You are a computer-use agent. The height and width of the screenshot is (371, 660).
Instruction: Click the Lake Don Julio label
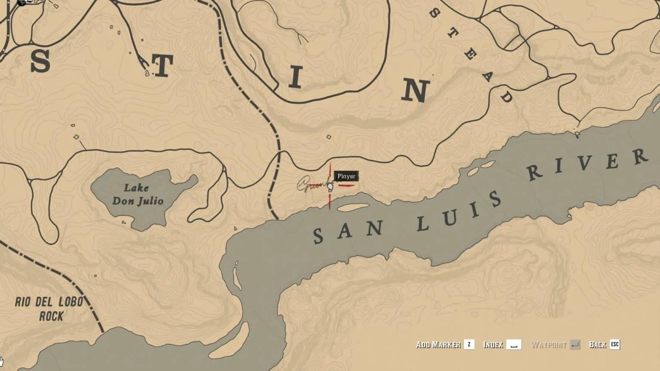(137, 194)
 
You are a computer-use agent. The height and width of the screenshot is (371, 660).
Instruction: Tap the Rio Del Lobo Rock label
(49, 309)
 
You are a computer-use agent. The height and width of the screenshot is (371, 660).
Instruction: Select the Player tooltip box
(346, 176)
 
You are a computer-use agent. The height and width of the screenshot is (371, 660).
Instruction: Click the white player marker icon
(330, 187)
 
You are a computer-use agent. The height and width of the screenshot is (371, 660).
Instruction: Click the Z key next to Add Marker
(469, 344)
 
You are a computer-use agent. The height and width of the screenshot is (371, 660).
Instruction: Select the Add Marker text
(438, 344)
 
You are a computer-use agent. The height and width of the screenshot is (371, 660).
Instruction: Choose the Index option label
(493, 344)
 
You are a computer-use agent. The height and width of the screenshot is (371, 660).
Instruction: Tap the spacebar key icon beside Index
(513, 344)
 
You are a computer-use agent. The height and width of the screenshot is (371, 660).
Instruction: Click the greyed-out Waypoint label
(549, 344)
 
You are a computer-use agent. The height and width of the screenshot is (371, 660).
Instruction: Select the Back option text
(597, 344)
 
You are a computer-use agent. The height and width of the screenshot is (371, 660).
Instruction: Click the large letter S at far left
(40, 61)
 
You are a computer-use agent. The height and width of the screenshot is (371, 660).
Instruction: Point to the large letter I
(295, 77)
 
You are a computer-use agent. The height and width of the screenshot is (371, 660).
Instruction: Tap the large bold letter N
(415, 91)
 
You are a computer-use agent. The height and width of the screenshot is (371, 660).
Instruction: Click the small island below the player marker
(352, 207)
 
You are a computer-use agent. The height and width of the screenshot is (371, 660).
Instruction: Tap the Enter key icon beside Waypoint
(575, 344)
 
